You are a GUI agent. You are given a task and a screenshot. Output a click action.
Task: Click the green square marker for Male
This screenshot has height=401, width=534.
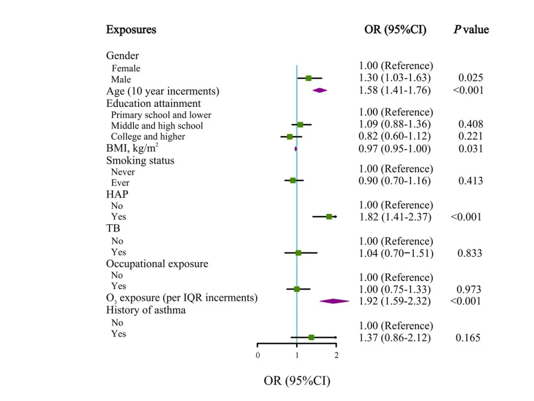point(309,78)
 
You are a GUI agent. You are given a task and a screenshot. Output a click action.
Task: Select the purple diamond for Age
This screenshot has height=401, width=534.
point(320,90)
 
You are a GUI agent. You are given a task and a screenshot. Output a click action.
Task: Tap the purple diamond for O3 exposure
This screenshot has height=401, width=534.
point(334,301)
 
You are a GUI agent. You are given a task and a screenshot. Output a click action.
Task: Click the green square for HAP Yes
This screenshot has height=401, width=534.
point(329,216)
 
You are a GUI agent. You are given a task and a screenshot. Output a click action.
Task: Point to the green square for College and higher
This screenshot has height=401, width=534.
point(290,136)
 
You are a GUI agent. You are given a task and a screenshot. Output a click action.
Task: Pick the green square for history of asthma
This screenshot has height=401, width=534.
point(311,337)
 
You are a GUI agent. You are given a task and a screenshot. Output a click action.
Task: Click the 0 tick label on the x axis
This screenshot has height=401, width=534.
point(258,355)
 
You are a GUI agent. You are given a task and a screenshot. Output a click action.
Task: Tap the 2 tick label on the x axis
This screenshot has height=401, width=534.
point(337,355)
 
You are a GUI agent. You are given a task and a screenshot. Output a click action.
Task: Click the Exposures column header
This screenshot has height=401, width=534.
point(131,30)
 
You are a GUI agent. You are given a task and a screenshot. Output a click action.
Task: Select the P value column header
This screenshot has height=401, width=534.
point(471,30)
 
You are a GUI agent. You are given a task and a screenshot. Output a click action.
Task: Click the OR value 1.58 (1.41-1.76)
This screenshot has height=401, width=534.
point(395,90)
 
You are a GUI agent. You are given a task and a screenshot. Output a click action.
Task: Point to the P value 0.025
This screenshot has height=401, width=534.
point(471,78)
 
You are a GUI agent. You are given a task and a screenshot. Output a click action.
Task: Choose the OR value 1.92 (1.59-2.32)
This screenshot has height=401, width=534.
point(395,301)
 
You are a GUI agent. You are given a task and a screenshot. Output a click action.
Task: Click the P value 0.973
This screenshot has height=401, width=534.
point(469,289)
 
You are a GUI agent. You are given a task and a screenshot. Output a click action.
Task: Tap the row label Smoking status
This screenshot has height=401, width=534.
point(140,160)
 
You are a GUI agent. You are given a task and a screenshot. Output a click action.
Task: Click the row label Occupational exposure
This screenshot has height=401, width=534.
point(157,264)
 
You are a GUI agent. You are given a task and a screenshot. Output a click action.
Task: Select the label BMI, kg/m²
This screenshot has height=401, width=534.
point(132,148)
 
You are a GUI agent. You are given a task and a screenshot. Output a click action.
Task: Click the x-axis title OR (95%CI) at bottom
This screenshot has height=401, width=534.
point(297,381)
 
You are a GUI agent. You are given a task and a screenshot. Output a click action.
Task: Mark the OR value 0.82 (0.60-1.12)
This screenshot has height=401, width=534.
point(395,136)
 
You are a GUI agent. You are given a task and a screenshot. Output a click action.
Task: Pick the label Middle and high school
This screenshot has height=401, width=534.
point(157,126)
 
